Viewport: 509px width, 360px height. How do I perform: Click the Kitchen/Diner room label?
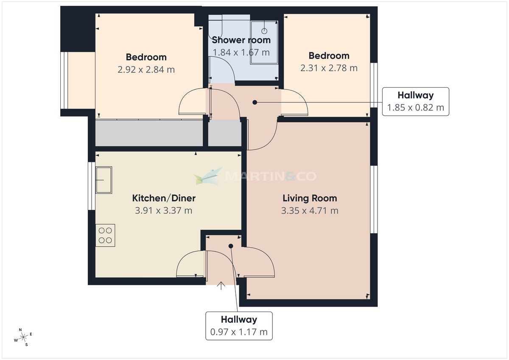[x=164, y=198]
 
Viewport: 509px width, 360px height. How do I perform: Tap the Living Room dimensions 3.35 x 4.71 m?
[x=310, y=210]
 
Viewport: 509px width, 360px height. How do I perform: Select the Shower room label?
[x=241, y=40]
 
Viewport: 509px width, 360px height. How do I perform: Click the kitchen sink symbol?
[x=104, y=180]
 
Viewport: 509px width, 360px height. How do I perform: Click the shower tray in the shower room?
[x=264, y=43]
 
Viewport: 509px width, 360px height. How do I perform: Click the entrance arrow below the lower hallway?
[x=221, y=286]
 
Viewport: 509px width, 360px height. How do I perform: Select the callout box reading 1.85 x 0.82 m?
[x=415, y=101]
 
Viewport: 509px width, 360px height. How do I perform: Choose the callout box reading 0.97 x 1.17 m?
[x=239, y=326]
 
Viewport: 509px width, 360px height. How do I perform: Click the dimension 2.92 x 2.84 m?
[x=146, y=70]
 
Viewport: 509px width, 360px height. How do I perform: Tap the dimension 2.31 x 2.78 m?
[x=329, y=68]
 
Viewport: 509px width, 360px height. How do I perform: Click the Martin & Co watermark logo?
[x=255, y=176]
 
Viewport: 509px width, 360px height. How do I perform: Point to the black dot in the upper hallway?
[x=255, y=102]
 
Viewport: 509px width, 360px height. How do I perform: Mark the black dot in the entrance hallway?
[x=231, y=246]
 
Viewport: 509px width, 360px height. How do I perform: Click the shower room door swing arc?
[x=223, y=68]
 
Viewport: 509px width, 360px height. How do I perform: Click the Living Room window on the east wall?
[x=373, y=199]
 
